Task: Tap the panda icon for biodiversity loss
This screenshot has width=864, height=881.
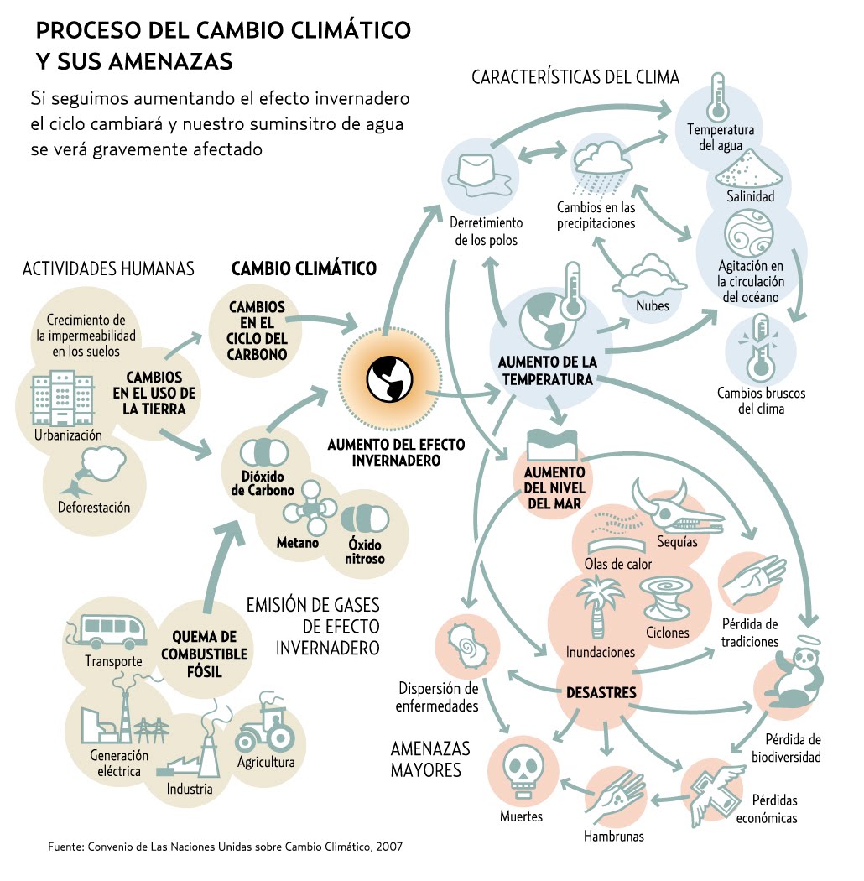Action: click(789, 676)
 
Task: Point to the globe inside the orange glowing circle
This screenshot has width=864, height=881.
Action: click(388, 378)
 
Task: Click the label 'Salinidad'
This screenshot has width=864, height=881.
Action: click(751, 197)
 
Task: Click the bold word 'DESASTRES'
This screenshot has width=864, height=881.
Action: click(601, 693)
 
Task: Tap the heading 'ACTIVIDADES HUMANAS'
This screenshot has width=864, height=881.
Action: click(108, 268)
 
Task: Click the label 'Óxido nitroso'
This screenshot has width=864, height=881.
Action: click(366, 551)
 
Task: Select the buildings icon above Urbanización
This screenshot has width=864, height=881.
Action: click(60, 399)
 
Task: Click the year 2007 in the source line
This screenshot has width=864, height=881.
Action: click(388, 847)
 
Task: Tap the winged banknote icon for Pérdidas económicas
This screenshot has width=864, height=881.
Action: click(711, 787)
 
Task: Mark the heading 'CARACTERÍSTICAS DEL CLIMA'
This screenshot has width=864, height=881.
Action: click(575, 78)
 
